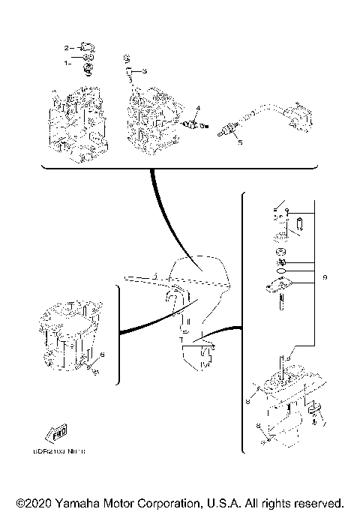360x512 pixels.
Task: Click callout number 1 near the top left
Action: point(67,63)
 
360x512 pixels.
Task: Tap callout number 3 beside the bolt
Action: point(145,70)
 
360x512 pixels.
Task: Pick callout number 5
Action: point(240,141)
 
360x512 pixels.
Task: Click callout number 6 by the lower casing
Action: point(102,353)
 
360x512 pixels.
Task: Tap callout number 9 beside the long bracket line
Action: point(324,278)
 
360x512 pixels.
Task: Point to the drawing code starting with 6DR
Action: point(66,451)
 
